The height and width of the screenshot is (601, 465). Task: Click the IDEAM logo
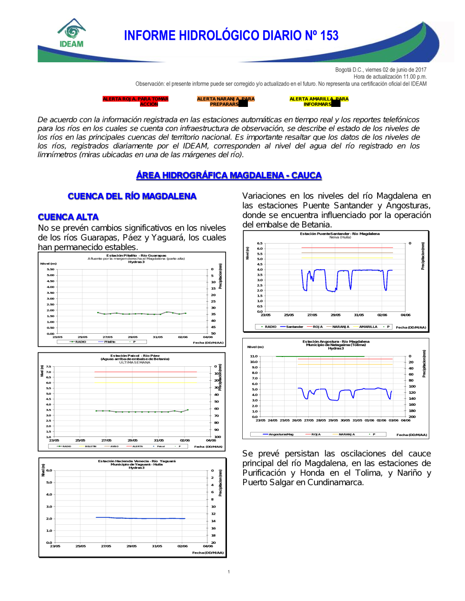click(72, 33)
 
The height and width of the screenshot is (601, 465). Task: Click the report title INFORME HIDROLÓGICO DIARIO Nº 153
click(231, 36)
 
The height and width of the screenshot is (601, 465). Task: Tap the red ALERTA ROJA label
click(135, 101)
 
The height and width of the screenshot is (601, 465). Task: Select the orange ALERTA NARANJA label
click(226, 101)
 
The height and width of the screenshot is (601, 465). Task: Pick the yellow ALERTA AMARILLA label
click(319, 101)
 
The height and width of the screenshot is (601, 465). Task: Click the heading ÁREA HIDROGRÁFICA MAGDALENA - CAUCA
click(229, 175)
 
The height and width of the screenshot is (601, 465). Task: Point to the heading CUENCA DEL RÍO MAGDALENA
click(132, 196)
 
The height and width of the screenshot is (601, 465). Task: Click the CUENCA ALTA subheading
click(68, 217)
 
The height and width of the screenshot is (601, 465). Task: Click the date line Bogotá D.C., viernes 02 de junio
click(380, 70)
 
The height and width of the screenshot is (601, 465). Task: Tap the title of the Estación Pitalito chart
click(136, 256)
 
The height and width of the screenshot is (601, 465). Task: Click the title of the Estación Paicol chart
click(135, 356)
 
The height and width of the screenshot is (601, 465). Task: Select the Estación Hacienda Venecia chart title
click(137, 461)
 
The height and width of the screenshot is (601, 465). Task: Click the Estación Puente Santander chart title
click(339, 234)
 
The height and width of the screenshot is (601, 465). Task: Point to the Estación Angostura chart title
click(336, 342)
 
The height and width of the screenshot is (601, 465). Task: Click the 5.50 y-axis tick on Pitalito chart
click(51, 270)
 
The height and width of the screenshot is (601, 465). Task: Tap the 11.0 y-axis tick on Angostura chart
click(253, 356)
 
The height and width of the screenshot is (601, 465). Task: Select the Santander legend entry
click(294, 327)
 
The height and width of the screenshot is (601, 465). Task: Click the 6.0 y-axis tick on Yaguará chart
click(49, 470)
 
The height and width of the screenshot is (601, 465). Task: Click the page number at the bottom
click(229, 572)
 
